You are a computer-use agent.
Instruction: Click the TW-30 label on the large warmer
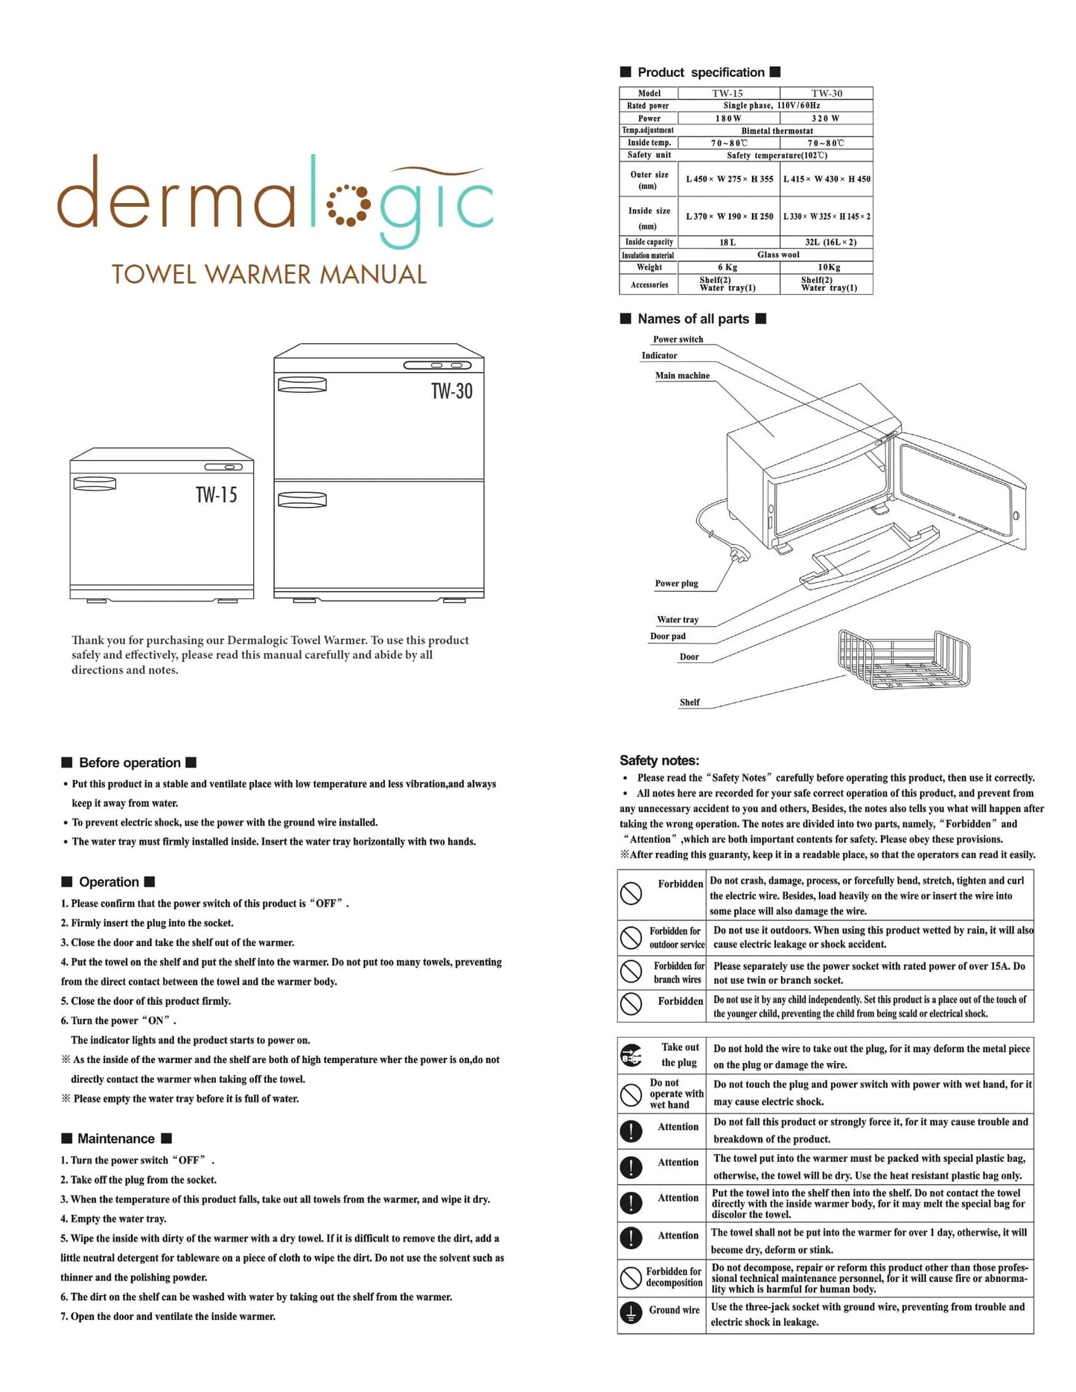pos(451,392)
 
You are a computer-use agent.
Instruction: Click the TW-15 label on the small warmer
pos(216,495)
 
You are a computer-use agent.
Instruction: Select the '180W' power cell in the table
pos(728,118)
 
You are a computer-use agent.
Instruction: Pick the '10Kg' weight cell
pos(828,267)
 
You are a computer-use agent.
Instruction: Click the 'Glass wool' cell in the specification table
pos(778,255)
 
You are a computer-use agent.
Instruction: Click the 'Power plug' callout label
pos(676,584)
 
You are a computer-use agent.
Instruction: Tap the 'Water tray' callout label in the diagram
pos(678,619)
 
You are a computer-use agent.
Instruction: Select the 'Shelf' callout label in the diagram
pos(690,702)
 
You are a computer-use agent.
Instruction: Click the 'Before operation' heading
pos(130,763)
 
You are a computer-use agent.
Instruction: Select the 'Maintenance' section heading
pos(116,1139)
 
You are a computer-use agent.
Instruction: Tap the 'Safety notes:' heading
pos(659,761)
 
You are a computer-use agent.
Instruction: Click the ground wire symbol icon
pos(631,1314)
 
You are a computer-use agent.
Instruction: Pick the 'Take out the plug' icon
pos(631,1055)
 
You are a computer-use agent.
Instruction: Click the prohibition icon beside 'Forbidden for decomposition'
pos(631,1278)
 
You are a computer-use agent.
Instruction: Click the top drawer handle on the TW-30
pos(302,385)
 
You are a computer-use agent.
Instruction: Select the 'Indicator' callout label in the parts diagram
pos(659,356)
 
